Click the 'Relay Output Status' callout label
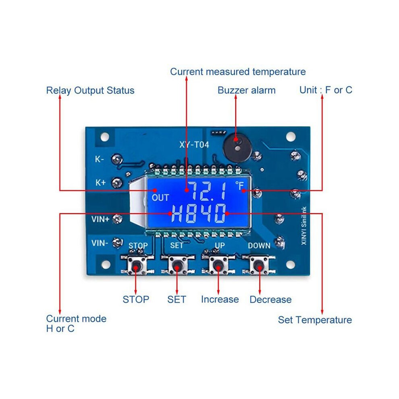(90, 91)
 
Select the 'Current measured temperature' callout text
(238, 72)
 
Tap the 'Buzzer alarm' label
(247, 90)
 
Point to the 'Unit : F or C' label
(326, 90)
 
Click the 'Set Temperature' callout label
(315, 320)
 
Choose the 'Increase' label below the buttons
(220, 299)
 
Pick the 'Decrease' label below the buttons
(270, 299)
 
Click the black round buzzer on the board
(237, 148)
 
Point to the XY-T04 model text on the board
(194, 145)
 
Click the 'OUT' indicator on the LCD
(160, 197)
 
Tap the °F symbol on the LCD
(239, 185)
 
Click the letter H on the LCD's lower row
(177, 213)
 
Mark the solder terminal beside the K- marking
(117, 159)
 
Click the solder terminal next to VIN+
(117, 219)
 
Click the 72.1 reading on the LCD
(208, 191)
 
